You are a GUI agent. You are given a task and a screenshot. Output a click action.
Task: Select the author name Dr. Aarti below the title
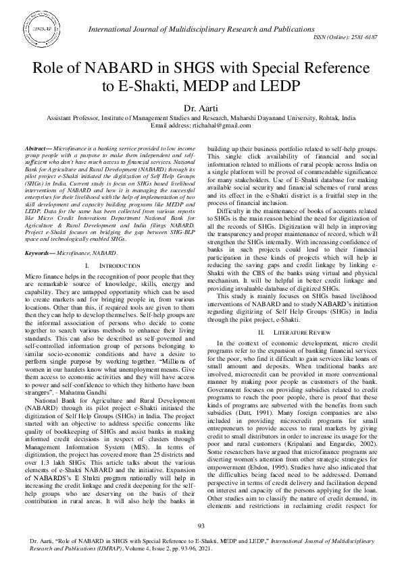point(201,107)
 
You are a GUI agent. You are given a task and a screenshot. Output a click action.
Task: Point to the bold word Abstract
point(35,147)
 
